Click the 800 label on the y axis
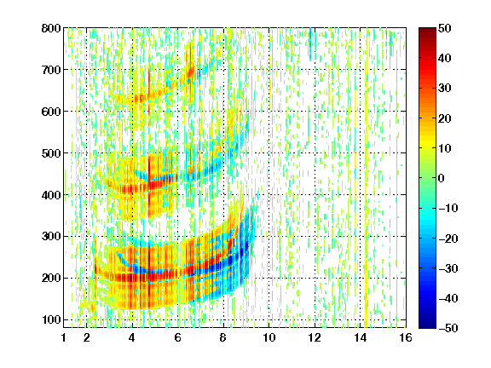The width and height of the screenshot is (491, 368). (51, 28)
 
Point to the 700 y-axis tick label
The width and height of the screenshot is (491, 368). (51, 70)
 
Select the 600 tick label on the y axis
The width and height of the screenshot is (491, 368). (51, 112)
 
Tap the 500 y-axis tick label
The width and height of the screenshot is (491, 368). (51, 153)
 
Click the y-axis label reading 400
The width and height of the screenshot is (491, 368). (51, 195)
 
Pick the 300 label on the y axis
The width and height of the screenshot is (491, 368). (51, 237)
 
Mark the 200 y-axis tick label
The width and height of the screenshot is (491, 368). (51, 279)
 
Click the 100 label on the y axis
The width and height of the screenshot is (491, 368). (51, 319)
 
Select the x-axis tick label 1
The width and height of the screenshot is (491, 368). (64, 337)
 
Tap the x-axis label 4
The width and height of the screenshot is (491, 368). (132, 337)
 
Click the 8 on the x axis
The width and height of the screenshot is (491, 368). (223, 337)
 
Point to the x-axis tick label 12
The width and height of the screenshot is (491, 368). (315, 337)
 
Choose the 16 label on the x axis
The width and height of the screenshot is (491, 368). (406, 337)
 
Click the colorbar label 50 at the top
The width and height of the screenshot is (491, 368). (445, 28)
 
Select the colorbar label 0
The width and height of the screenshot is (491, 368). (442, 178)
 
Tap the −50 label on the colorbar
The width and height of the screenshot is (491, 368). (448, 328)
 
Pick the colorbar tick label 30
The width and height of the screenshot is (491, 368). (445, 89)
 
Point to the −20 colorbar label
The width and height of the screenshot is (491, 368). (448, 239)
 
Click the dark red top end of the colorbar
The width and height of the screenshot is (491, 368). (427, 30)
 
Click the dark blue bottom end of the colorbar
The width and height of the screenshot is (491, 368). (427, 325)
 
